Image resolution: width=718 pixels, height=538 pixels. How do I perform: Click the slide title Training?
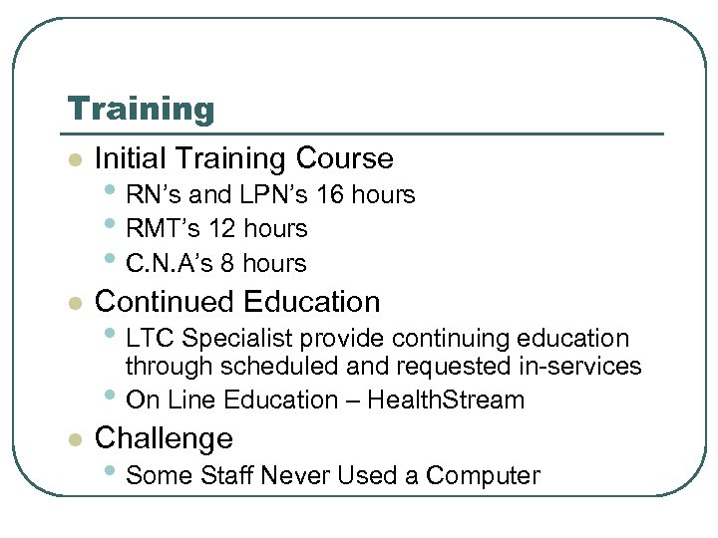click(140, 110)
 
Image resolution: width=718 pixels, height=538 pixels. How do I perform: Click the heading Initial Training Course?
click(243, 158)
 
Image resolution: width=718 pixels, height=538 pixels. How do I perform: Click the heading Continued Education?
click(236, 302)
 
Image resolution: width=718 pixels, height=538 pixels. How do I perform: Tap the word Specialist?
click(222, 339)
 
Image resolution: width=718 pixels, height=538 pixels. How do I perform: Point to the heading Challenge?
click(163, 438)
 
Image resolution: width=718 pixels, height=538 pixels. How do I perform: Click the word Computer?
click(483, 476)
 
